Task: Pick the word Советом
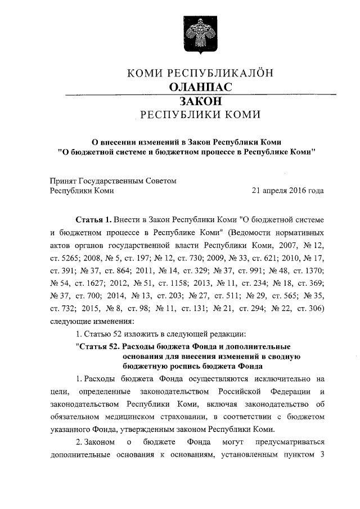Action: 162,181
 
